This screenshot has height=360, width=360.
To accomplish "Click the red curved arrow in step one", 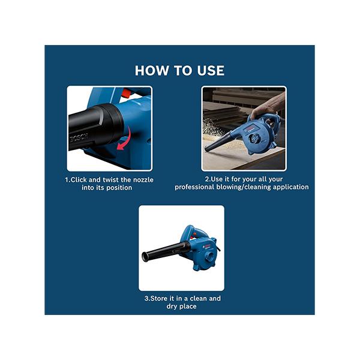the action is [x=124, y=139].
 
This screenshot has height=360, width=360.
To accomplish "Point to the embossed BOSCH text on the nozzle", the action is [x=79, y=138].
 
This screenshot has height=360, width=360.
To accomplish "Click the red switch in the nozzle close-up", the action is [x=126, y=92].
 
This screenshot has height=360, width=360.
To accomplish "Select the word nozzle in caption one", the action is [x=143, y=180].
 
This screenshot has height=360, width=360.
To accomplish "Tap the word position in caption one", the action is [x=119, y=188].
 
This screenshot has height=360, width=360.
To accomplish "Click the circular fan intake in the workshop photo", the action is [x=254, y=139].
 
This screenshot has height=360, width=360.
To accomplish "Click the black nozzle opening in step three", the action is [x=145, y=257].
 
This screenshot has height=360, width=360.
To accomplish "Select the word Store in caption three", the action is [x=159, y=298].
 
